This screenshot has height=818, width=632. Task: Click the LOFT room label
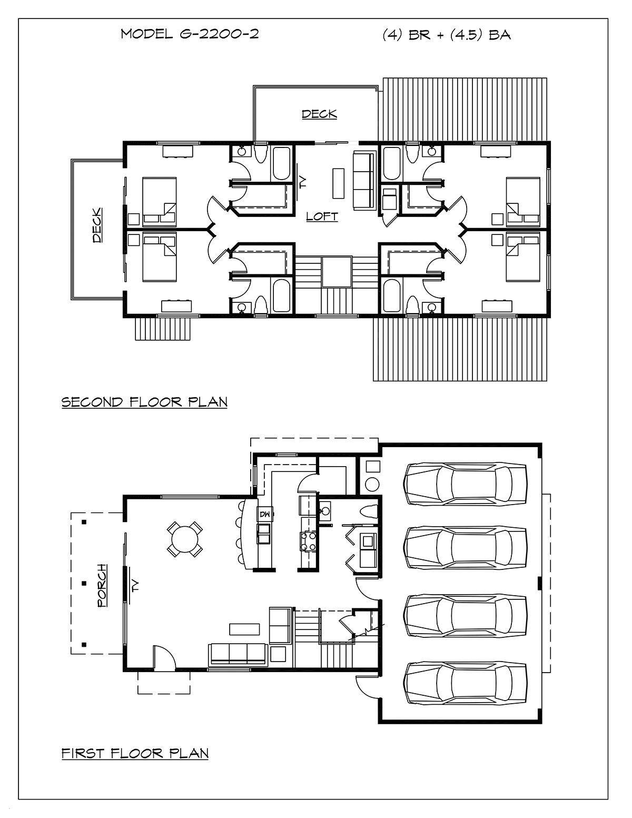point(322,216)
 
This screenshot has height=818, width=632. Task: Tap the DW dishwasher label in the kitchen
point(264,514)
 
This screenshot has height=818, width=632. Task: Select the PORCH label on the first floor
point(102,586)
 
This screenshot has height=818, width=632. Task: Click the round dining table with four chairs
point(184,539)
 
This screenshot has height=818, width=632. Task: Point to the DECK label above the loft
point(319,114)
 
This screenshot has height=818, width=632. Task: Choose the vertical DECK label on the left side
point(97,225)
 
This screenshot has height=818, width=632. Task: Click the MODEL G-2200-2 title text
point(190,34)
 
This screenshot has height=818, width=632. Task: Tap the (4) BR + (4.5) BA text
point(447,35)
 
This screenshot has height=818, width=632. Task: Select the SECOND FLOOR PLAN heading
point(144,402)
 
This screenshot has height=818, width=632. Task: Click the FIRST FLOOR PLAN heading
point(135,753)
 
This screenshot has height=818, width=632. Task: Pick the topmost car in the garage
point(465,484)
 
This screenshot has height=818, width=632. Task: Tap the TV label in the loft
point(303,183)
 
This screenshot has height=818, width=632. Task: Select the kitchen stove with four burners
point(309,541)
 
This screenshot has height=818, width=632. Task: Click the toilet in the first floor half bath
point(368,513)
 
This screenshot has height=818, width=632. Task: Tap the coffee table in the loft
point(339,183)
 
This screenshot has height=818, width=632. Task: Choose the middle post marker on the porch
point(84,584)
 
